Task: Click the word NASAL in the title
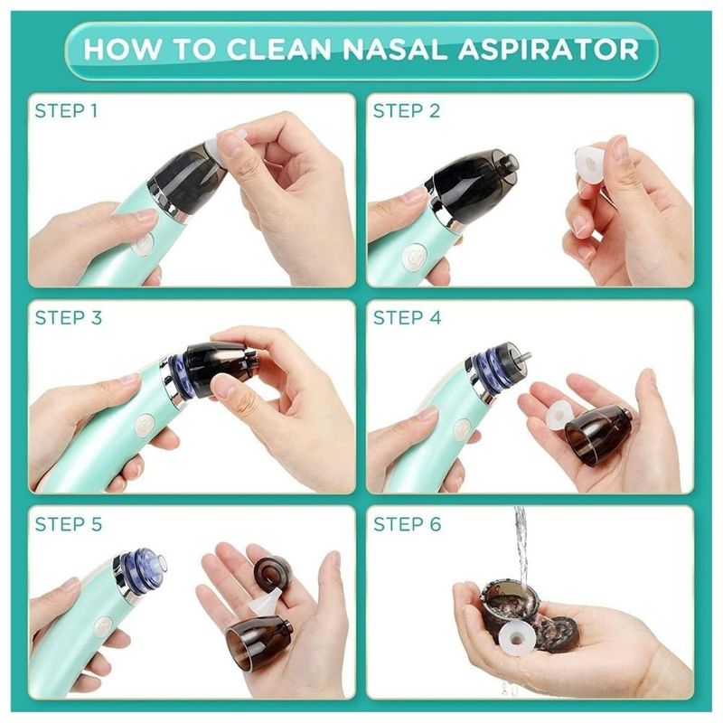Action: click(x=394, y=49)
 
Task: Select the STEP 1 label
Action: click(x=66, y=111)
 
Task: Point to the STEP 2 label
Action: click(x=406, y=111)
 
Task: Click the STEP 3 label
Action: click(x=69, y=318)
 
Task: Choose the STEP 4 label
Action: click(x=408, y=318)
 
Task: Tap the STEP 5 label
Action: click(x=69, y=524)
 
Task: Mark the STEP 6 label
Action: click(x=408, y=524)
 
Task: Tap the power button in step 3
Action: click(x=146, y=424)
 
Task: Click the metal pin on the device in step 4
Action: click(x=524, y=356)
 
